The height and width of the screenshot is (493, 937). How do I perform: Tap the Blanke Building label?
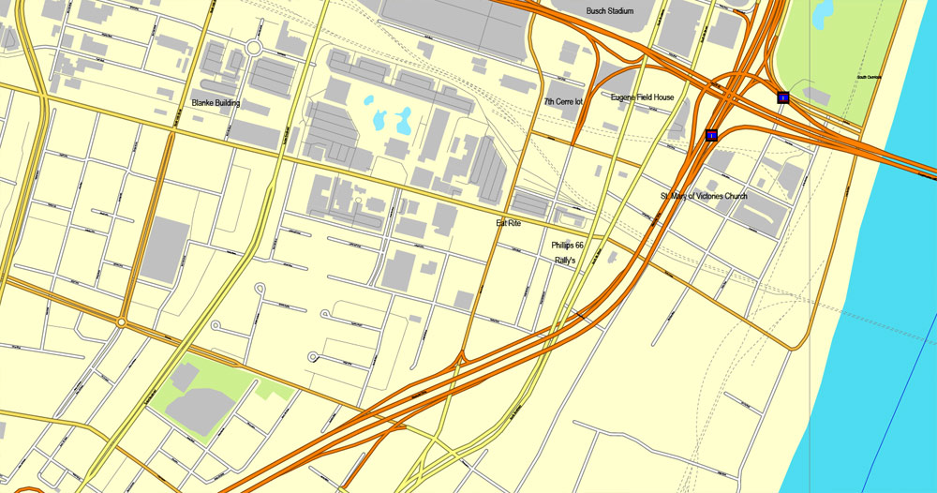(x=216, y=103)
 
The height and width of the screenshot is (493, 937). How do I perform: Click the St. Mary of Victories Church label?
(x=704, y=196)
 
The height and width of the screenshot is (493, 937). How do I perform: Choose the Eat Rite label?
(x=508, y=223)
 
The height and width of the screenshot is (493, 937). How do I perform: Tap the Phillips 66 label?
(x=567, y=245)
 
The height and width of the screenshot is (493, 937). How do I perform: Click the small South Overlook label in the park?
(x=870, y=77)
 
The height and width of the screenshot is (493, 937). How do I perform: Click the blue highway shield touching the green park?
(x=782, y=97)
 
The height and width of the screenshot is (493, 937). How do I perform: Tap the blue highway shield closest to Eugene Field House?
(x=712, y=136)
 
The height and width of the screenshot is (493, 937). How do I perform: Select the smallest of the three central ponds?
(x=368, y=99)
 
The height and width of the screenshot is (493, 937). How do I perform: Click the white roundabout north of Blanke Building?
(x=253, y=48)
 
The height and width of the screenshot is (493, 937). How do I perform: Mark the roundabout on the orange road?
(x=121, y=321)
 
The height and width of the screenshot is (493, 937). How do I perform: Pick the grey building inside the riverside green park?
(x=816, y=96)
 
